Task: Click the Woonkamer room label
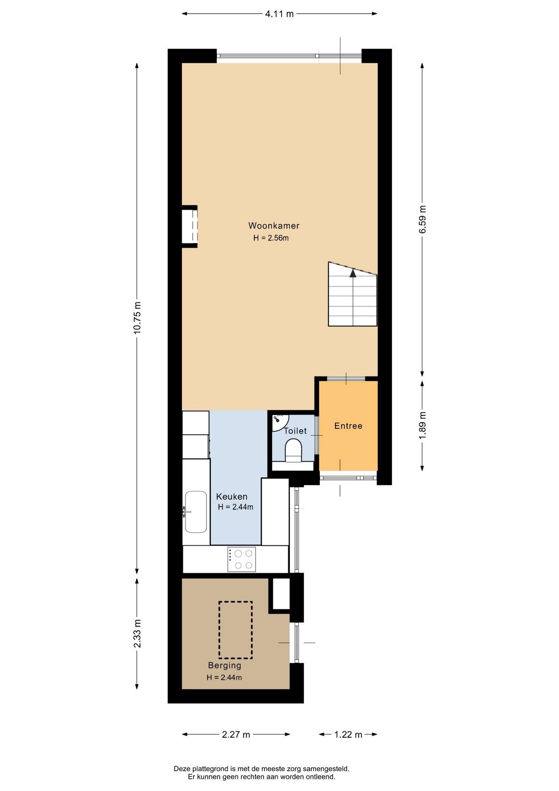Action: click(x=274, y=226)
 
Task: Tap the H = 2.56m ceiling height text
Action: click(x=271, y=238)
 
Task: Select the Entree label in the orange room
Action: click(x=348, y=426)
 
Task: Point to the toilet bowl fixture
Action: click(x=293, y=450)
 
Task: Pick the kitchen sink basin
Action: click(x=196, y=512)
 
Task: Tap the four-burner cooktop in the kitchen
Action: click(x=242, y=559)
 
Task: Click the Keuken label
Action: click(x=232, y=497)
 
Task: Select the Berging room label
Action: click(x=224, y=665)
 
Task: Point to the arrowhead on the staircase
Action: click(x=353, y=272)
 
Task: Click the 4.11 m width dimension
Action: click(x=279, y=14)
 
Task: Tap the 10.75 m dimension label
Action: click(x=137, y=317)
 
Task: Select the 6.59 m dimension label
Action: click(x=422, y=219)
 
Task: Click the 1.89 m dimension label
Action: click(x=422, y=425)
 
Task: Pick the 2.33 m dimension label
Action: click(x=137, y=633)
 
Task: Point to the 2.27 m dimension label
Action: click(x=236, y=735)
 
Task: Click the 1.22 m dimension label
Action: click(x=348, y=735)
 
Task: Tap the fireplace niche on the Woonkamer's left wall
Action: click(x=190, y=227)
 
